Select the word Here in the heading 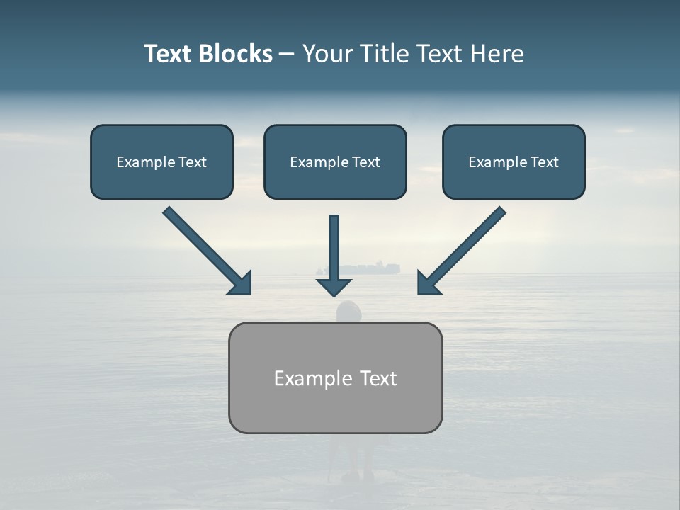tap(496, 54)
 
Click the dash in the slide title tap(287, 55)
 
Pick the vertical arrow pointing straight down tap(334, 248)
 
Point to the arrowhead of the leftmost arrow tap(241, 283)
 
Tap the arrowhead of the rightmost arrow tap(427, 283)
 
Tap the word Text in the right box tap(544, 162)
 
